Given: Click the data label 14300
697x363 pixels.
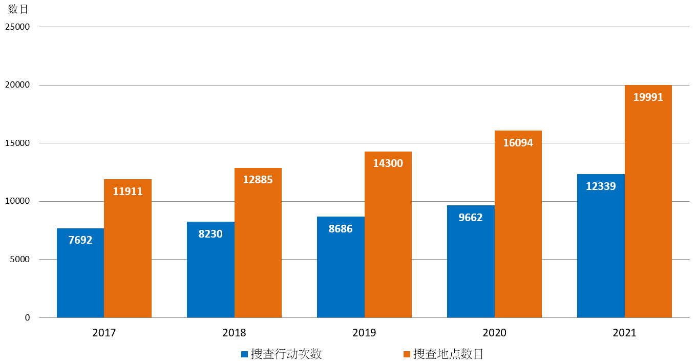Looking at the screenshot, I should click(388, 163).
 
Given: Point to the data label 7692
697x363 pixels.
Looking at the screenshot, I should click(80, 240).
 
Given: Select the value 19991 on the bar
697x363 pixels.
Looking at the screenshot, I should click(648, 97).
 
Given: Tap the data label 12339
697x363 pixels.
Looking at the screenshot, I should click(601, 186).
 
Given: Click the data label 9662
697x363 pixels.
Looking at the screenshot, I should click(471, 218).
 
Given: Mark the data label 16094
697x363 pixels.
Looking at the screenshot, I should click(518, 143).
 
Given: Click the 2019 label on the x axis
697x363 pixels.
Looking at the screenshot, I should click(364, 333).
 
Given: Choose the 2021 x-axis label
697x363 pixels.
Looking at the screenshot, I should click(624, 333).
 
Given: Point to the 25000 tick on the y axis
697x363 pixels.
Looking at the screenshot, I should click(17, 27).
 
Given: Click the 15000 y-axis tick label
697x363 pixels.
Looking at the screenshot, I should click(17, 143).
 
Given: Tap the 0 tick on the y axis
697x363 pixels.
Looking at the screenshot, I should click(28, 317).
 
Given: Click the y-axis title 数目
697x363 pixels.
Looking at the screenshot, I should click(18, 9).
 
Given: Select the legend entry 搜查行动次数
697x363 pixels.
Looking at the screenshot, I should click(286, 354).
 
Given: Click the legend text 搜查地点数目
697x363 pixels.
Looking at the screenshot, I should click(449, 354).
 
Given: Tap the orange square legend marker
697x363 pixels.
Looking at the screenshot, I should click(407, 354).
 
